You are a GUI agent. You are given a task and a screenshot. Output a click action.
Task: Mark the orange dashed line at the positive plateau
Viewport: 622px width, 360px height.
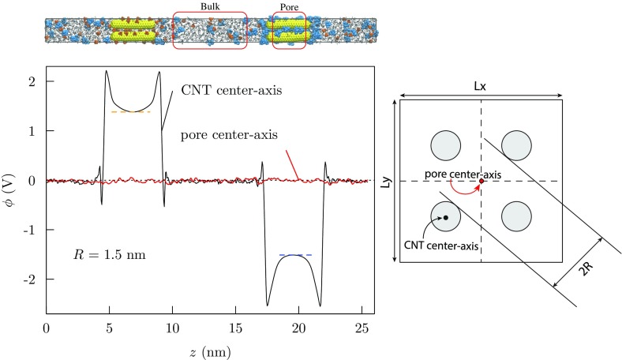[131, 112]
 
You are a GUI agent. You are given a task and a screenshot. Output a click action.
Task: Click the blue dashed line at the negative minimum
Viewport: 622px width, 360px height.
[297, 255]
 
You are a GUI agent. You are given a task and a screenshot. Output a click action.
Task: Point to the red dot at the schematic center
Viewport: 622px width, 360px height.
[481, 182]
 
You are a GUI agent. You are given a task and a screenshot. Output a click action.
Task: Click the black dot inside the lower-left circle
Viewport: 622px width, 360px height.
[445, 217]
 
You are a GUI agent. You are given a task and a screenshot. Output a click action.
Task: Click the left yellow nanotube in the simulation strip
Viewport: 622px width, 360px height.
[133, 30]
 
